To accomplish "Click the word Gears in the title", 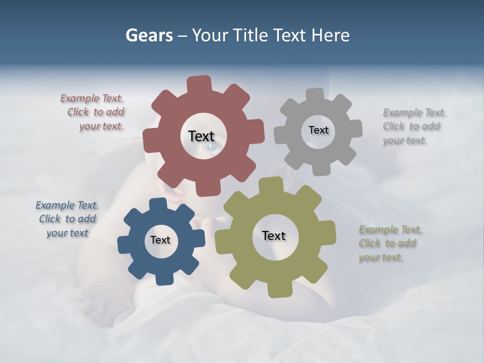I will click(x=149, y=35).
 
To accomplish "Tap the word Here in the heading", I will click(x=330, y=35).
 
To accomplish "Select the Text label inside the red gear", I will click(x=201, y=136).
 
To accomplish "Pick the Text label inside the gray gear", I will click(x=318, y=130).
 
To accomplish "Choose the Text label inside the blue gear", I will click(x=160, y=240).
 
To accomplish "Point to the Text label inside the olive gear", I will click(x=274, y=235).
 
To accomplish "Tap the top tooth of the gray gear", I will click(x=315, y=95).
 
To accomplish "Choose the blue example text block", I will click(x=68, y=219).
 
